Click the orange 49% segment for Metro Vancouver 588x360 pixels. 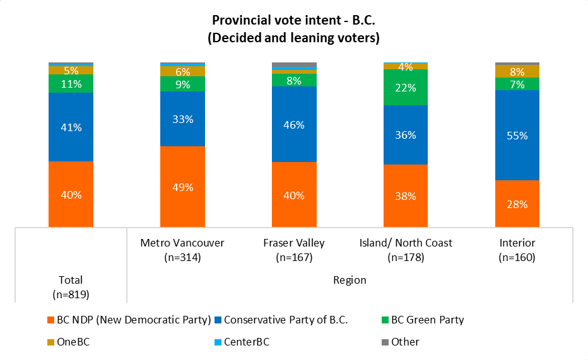[182, 187]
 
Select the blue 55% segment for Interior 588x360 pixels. [517, 135]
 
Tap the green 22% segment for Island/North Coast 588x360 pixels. [406, 88]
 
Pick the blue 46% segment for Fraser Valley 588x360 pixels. [294, 124]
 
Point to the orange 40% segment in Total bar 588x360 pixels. [71, 194]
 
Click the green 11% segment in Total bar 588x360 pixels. [71, 84]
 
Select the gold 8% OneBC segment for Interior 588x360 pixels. [517, 71]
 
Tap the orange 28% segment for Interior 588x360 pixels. [517, 204]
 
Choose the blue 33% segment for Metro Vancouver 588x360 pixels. [182, 119]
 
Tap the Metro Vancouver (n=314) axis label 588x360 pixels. [182, 250]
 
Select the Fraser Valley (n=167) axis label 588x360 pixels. [294, 250]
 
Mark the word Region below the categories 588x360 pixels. [350, 280]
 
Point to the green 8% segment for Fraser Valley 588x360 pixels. [294, 80]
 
